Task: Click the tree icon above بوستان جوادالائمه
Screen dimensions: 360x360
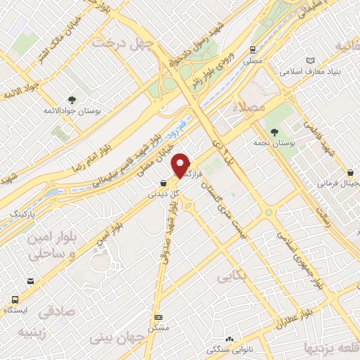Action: tap(72, 99)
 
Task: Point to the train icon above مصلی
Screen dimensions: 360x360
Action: tap(252, 49)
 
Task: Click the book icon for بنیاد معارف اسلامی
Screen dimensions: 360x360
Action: tap(307, 60)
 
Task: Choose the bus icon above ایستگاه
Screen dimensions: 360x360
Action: tap(30, 280)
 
